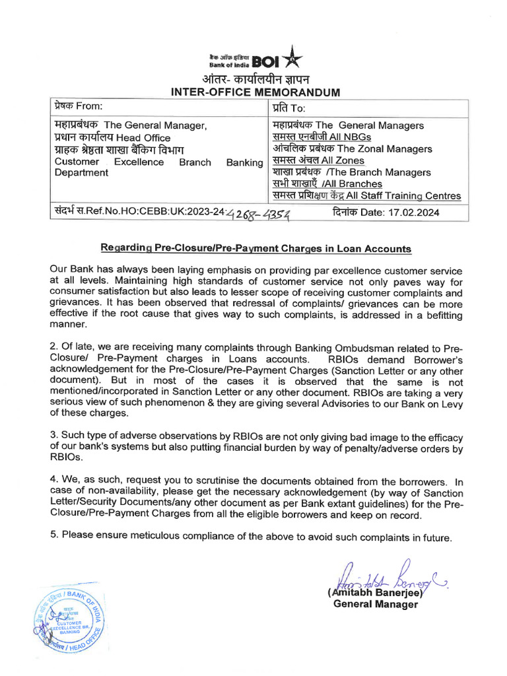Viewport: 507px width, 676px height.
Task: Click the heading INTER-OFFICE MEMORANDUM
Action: [255, 92]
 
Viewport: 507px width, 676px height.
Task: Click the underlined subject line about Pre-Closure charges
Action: [255, 249]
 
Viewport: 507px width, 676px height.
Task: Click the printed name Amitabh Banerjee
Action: [374, 593]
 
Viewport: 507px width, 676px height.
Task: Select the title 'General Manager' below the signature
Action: [375, 605]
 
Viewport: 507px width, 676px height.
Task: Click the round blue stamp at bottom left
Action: [67, 619]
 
